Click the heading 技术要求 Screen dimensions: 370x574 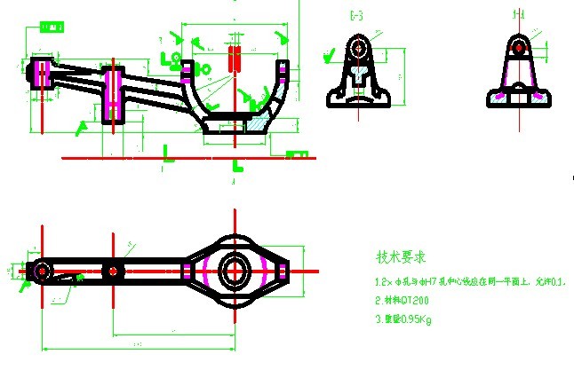[x=401, y=258]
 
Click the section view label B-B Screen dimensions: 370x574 [x=357, y=15]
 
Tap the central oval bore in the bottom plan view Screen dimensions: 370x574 [x=235, y=268]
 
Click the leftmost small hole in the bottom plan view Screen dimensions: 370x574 [x=41, y=269]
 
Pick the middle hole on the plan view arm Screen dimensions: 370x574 [x=113, y=269]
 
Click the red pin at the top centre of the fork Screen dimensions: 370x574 [x=235, y=59]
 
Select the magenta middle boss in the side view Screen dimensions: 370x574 [x=113, y=93]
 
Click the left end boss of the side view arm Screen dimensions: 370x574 [x=42, y=73]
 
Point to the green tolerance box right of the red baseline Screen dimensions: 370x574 [x=297, y=155]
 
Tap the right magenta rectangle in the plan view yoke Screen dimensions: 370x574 [x=283, y=269]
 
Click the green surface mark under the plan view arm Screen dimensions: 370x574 [x=78, y=279]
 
